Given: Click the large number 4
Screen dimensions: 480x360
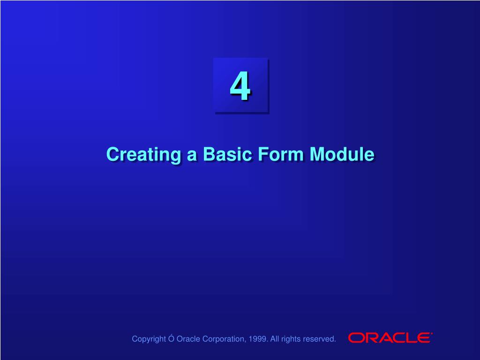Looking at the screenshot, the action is coord(240,86).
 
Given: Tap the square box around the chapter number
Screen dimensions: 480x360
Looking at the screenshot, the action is coord(241,86).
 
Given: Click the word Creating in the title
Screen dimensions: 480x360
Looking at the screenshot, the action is coord(143,155).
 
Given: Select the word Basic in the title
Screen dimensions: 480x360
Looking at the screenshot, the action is coord(227,154).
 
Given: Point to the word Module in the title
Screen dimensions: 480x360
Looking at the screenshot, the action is coord(342,154).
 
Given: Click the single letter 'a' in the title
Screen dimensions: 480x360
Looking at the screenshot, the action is coord(192,156).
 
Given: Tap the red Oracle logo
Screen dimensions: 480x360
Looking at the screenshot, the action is coord(390,337).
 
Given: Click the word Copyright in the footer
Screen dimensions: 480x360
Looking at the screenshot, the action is coord(149,339).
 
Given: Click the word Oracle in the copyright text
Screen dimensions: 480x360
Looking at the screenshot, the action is coord(188,339).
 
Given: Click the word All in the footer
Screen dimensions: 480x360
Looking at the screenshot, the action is coord(275,339).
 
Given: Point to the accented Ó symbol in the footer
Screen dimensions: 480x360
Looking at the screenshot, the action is coord(171,338).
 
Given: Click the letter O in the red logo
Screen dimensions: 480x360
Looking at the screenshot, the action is coord(356,338).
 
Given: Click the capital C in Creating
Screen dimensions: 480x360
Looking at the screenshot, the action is coord(112,154).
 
